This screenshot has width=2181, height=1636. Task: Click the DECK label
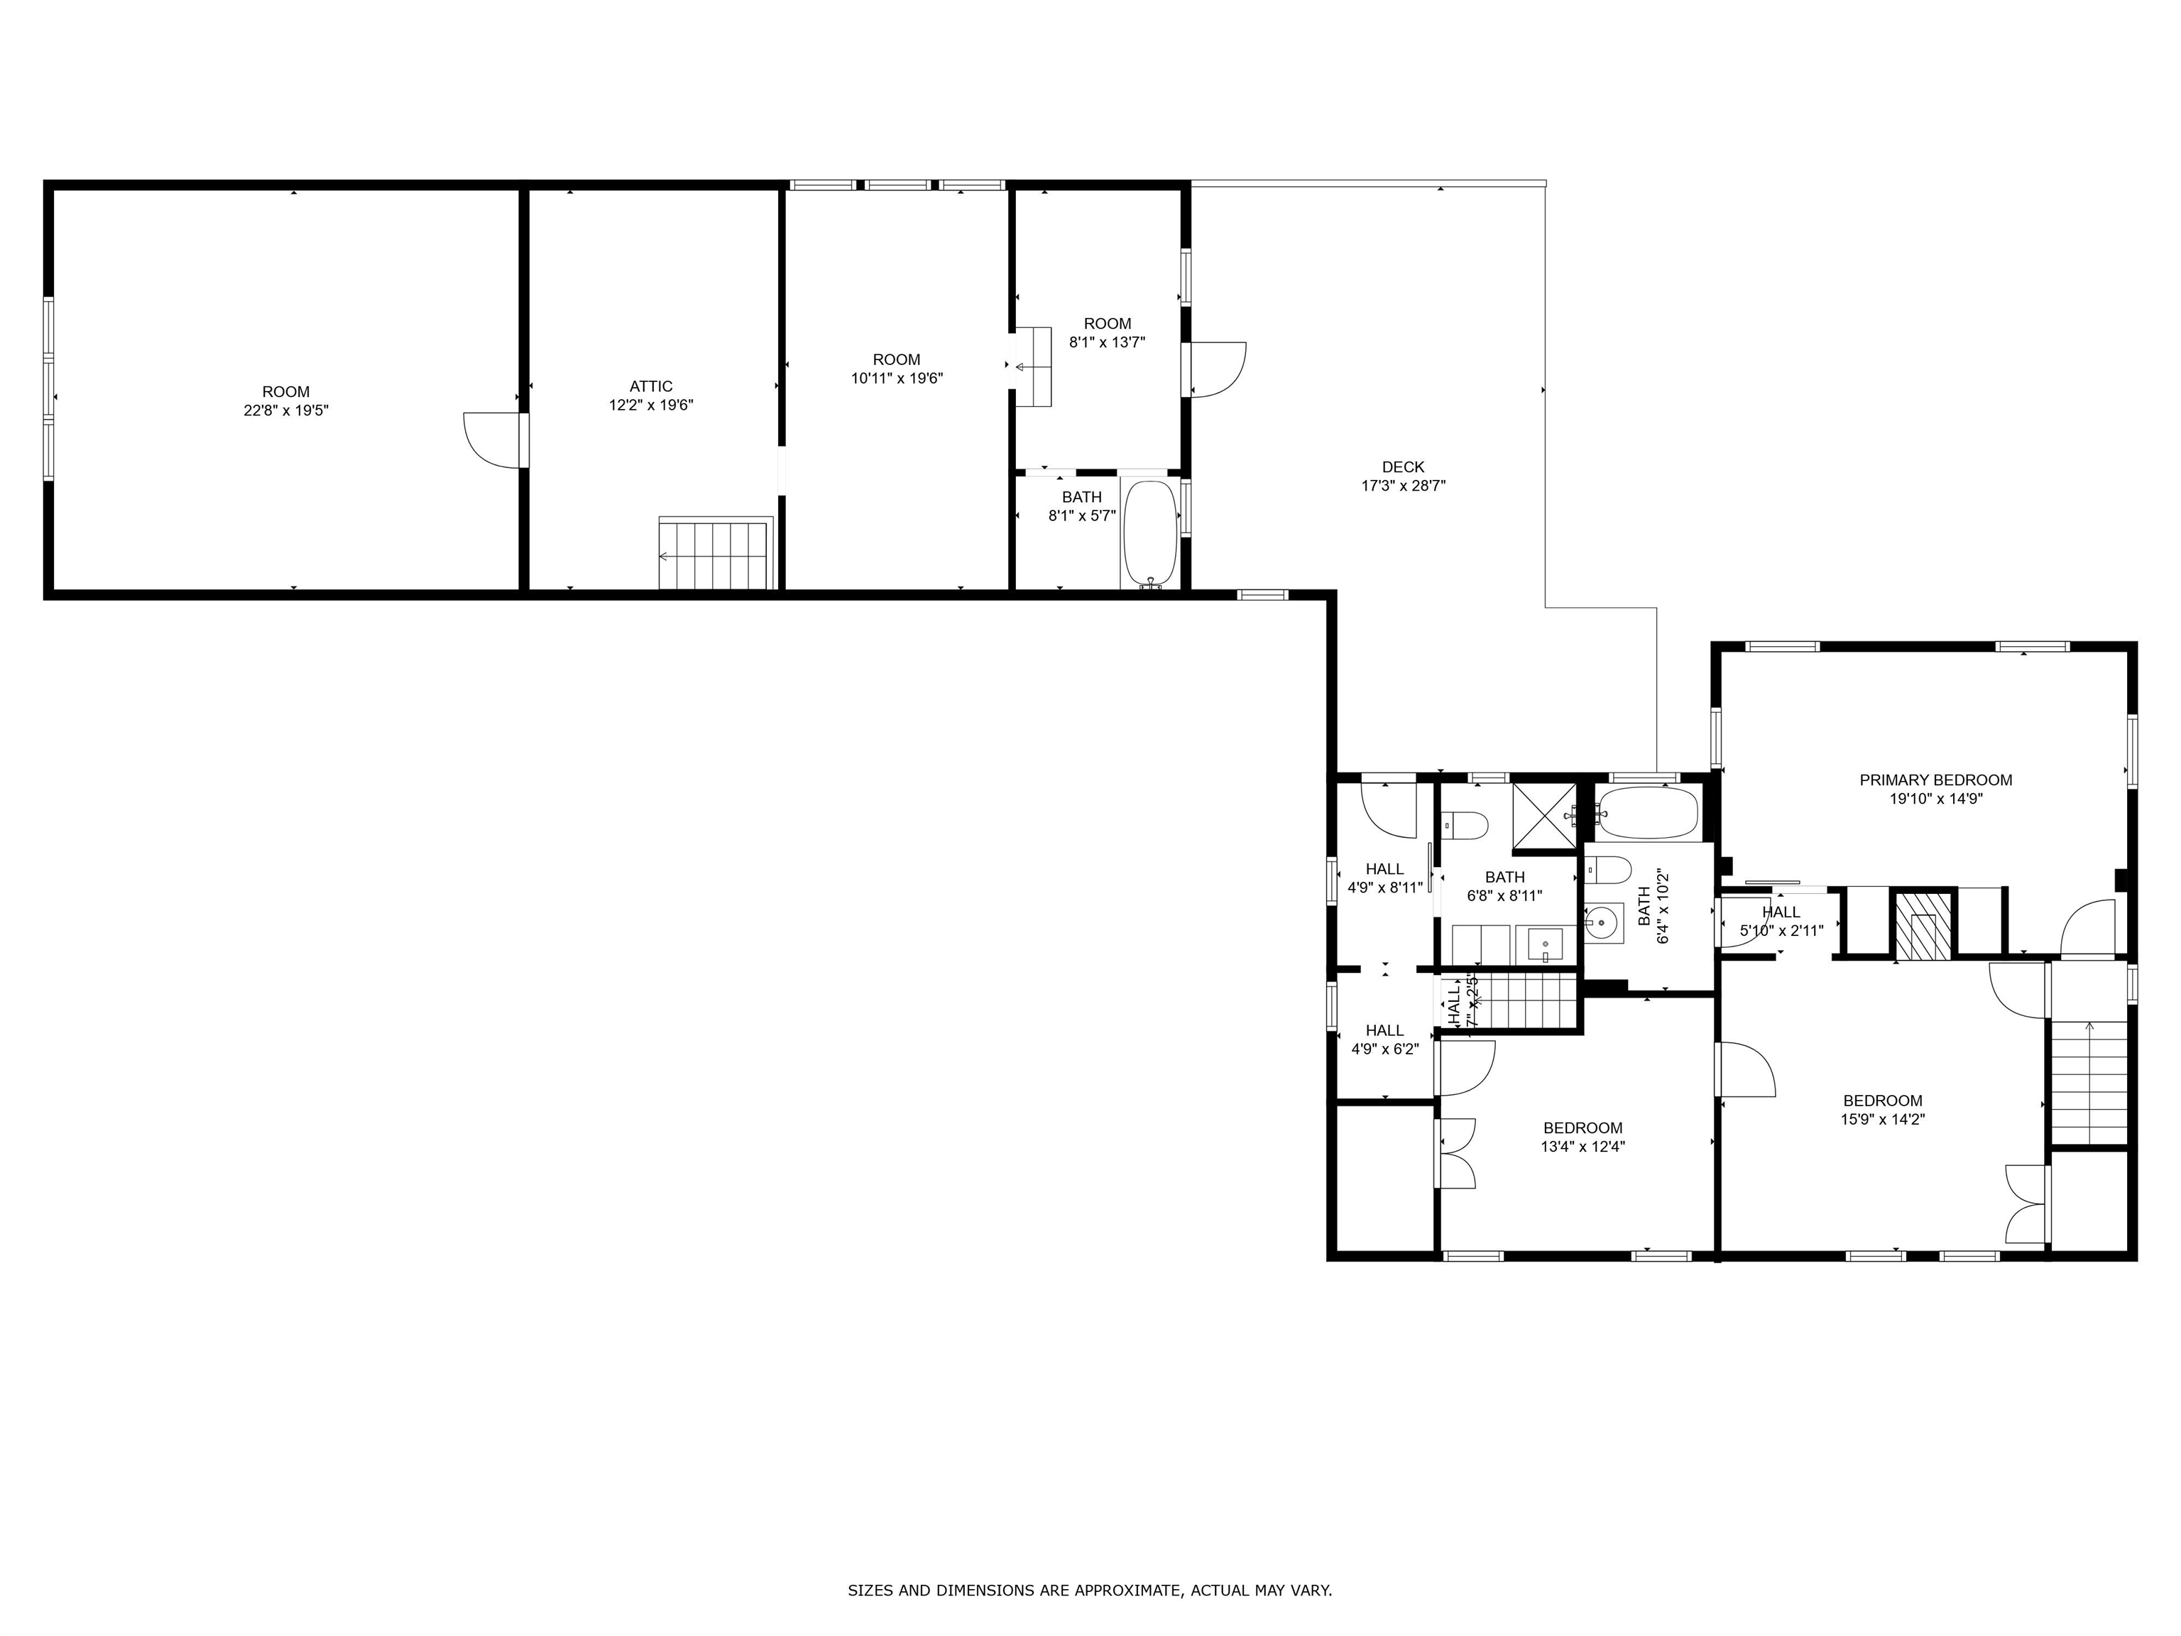coord(1402,467)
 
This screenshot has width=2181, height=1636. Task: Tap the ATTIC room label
coord(651,386)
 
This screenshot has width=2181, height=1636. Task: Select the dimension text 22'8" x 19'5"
coord(286,410)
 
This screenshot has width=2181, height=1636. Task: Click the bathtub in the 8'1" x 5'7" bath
coord(1149,533)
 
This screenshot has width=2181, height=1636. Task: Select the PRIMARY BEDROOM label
coord(1935,780)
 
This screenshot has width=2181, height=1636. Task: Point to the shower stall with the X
coord(1545,817)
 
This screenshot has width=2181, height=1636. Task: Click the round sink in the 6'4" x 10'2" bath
coord(1603,924)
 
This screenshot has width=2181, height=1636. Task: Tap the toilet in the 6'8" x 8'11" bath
coord(1464,824)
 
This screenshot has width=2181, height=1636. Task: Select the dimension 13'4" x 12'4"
coord(1583,1147)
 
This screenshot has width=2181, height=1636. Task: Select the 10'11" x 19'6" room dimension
coord(896,378)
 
